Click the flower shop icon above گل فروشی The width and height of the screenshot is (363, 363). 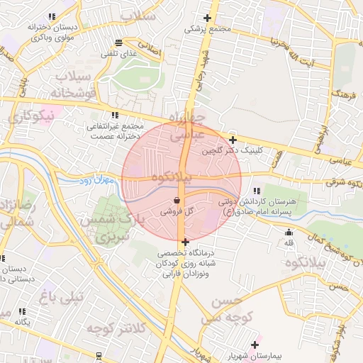point(176,201)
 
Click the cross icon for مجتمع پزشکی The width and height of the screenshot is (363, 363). point(208,18)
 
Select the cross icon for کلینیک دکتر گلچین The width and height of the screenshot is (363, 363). point(233,140)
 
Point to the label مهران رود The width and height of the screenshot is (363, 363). point(96,181)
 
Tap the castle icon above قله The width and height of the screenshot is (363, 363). point(289,233)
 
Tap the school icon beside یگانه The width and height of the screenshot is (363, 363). point(23,311)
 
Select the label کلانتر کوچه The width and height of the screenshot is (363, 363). point(116,328)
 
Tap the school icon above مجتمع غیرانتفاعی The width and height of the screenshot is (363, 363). point(114,115)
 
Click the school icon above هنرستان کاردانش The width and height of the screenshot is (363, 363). point(256,190)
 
